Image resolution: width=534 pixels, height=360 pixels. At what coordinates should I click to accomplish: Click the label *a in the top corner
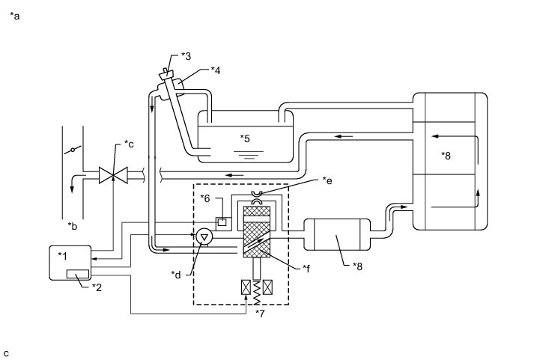coord(14,15)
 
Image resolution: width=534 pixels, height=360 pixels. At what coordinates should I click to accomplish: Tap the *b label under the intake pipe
coord(72,225)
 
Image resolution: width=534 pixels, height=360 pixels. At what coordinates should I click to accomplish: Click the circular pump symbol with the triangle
coord(204,236)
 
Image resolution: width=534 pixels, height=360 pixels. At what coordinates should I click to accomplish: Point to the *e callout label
coord(327,180)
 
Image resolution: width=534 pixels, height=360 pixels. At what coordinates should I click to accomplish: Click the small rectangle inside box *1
coord(78,274)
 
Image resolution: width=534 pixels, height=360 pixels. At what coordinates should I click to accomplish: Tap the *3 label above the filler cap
coord(186,56)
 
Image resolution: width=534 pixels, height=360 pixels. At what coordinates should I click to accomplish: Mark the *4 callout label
coord(216,70)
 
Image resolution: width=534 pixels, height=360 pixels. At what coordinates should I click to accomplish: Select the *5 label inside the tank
coord(244,138)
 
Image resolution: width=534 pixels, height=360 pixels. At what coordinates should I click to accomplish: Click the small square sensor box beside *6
coord(222,222)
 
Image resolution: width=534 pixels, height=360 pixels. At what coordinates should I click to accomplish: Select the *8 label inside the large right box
coord(447,156)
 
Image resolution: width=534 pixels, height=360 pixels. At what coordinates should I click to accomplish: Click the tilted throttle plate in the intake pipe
coord(71,151)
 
